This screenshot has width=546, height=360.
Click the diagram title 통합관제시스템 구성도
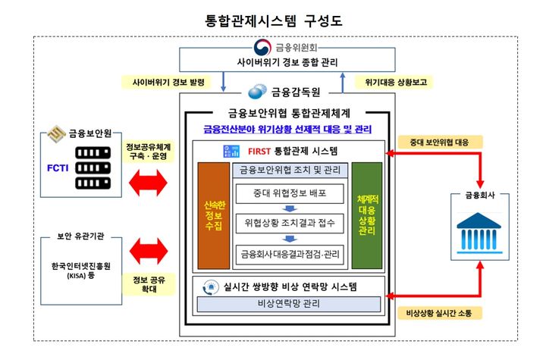pyautogui.click(x=274, y=19)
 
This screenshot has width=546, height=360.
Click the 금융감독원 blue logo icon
pyautogui.click(x=259, y=92)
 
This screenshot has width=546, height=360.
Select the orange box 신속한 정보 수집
pyautogui.click(x=212, y=214)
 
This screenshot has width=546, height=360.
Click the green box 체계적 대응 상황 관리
pyautogui.click(x=366, y=214)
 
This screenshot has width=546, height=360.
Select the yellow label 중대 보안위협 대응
pyautogui.click(x=435, y=140)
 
